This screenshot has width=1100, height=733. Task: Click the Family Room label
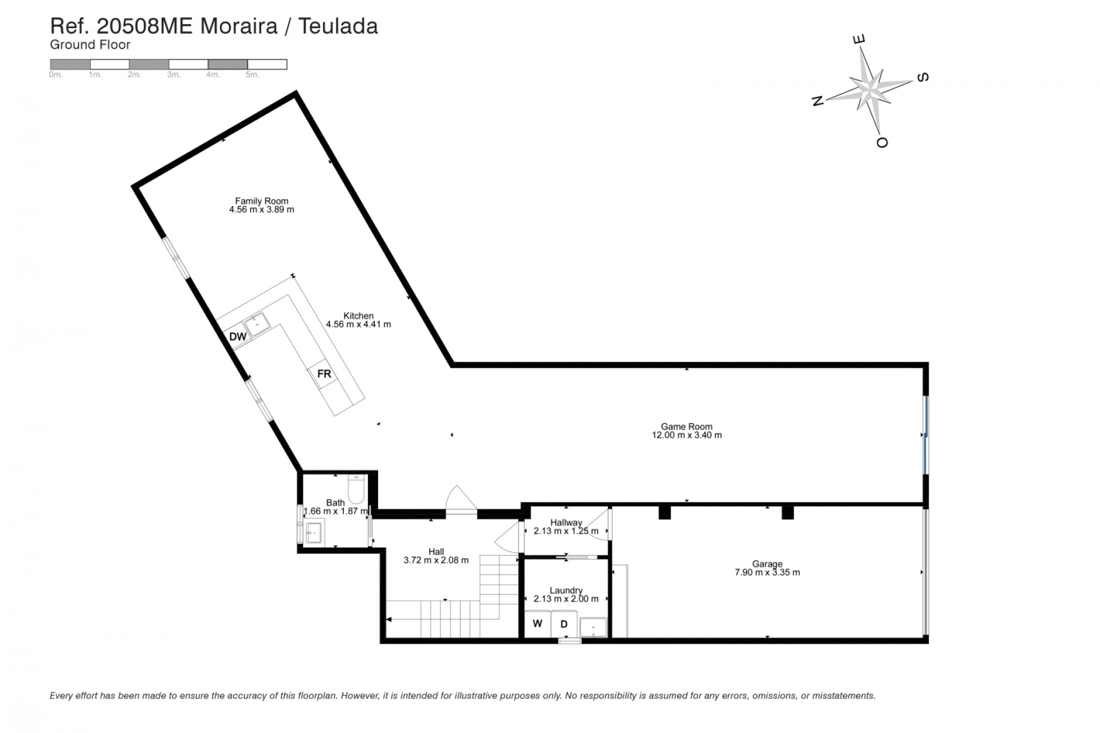(x=261, y=201)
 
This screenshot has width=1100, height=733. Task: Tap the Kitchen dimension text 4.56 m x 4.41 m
(x=359, y=324)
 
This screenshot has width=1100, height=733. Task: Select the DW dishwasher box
(x=237, y=337)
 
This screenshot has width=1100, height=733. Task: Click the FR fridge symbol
(x=324, y=374)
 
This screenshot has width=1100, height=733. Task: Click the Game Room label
(x=686, y=427)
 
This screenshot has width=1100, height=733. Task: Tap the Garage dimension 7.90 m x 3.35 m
(x=767, y=572)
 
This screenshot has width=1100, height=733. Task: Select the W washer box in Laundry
(x=537, y=624)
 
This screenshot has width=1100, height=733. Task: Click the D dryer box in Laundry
(x=564, y=624)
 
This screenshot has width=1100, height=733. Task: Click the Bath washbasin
(x=314, y=532)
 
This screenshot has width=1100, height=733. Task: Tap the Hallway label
(x=566, y=522)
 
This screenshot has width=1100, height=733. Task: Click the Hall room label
(x=436, y=552)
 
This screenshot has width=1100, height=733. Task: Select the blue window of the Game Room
(x=926, y=435)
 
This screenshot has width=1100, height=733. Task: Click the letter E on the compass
(x=859, y=40)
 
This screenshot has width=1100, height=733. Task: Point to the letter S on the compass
(x=922, y=77)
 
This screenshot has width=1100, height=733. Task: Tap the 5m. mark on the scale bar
(x=252, y=75)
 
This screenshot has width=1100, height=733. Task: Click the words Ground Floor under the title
(x=91, y=45)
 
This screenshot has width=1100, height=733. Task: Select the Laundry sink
(x=594, y=628)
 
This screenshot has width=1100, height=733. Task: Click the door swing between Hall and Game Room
(x=460, y=498)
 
